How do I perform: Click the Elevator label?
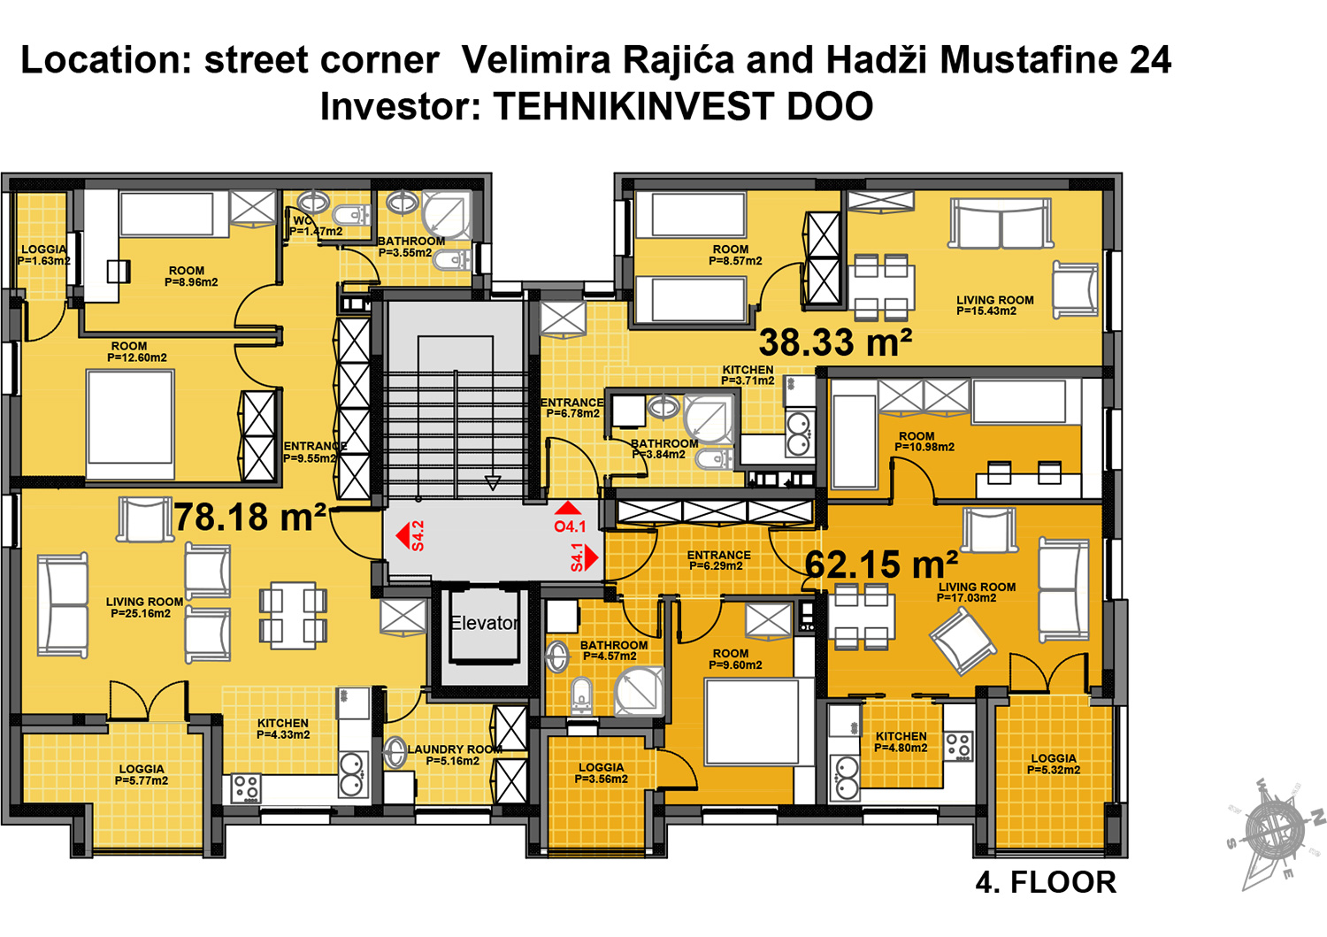(483, 623)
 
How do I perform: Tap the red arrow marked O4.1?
(568, 508)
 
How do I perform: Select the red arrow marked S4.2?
(403, 535)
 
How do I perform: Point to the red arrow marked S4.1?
(591, 557)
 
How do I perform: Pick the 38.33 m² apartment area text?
(835, 342)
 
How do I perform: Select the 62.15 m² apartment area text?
(881, 565)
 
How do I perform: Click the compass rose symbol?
(1274, 832)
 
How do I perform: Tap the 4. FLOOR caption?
(1046, 882)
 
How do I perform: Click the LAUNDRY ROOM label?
(453, 755)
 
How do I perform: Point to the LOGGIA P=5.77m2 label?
(142, 775)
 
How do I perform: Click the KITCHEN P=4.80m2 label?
(901, 742)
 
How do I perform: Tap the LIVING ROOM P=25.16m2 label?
(144, 607)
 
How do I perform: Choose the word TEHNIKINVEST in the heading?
(634, 107)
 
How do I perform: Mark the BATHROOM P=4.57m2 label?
(613, 650)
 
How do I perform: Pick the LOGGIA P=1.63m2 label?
(43, 255)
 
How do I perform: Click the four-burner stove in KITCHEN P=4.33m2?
(246, 787)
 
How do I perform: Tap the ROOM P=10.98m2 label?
(924, 442)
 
